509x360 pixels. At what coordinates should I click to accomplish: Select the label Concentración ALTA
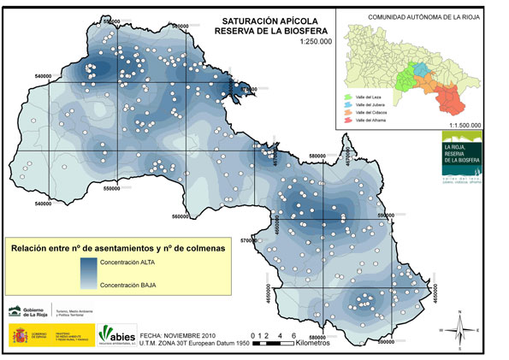[127, 263]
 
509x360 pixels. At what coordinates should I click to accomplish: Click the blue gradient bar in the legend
[86, 274]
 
